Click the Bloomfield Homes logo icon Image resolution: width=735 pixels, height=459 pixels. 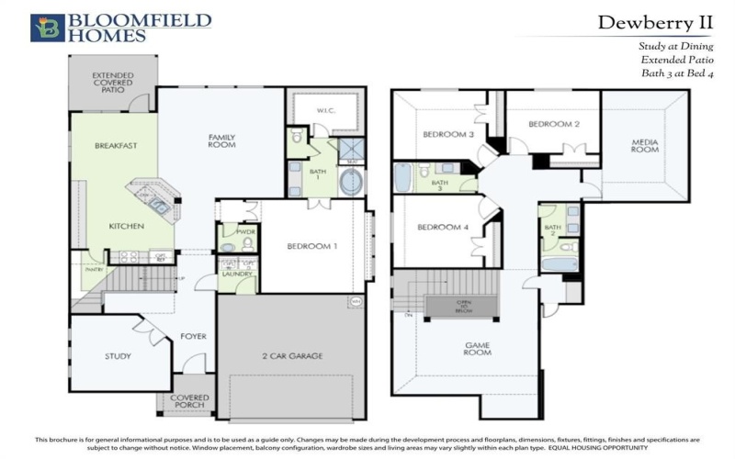coord(47,28)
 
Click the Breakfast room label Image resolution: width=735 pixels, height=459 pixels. coord(116,145)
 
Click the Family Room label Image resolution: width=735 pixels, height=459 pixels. coord(221,140)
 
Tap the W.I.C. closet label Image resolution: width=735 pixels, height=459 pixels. coord(326,111)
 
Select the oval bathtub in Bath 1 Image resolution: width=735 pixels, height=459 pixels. coord(351,181)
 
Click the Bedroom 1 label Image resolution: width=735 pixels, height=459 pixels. coord(312,246)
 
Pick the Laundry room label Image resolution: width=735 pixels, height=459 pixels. coord(236,273)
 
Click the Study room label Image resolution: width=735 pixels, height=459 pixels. coord(118,356)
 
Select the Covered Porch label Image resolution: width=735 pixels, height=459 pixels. coord(190,402)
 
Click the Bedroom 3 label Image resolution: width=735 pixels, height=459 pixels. coord(447,135)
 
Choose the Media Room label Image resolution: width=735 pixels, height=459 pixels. coord(645,146)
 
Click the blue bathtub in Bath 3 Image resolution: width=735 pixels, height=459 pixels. coord(402,176)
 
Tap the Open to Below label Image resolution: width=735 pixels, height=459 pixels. coord(464,305)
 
